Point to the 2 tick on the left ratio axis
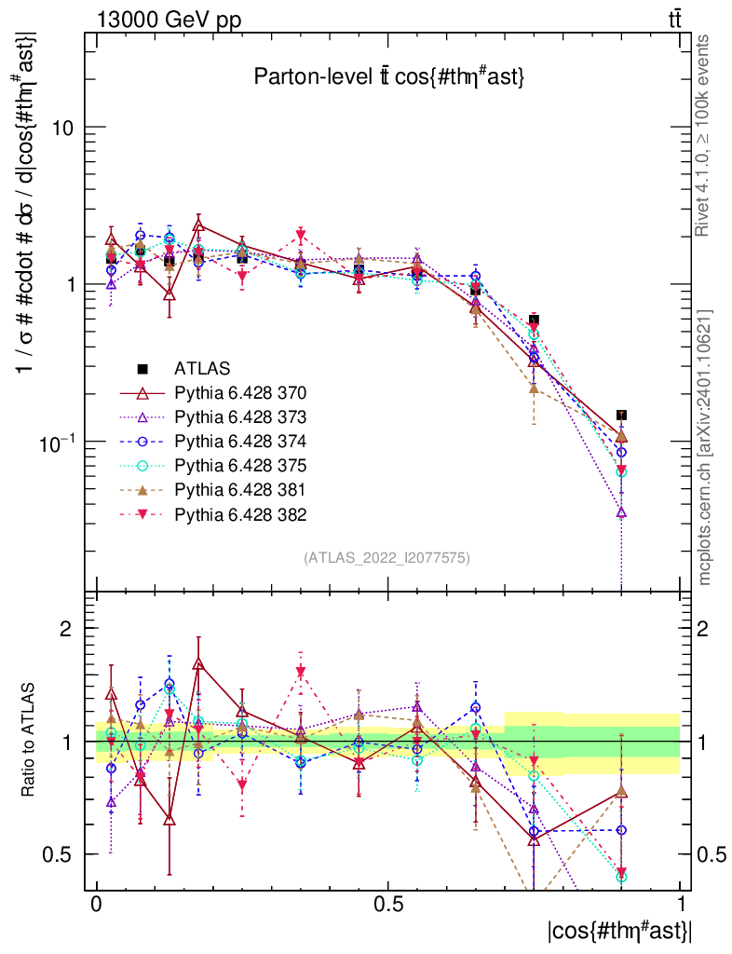[67, 629]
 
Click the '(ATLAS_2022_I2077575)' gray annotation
[386, 558]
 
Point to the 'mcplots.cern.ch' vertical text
[705, 447]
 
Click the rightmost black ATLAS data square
[621, 416]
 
